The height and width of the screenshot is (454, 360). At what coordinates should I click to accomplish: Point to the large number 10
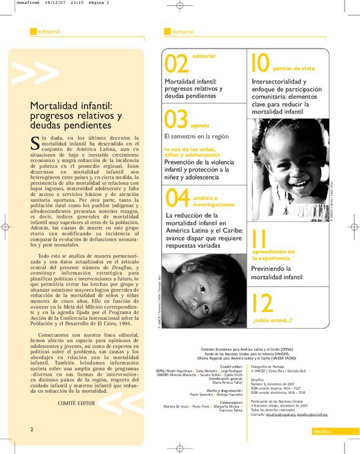(x=259, y=63)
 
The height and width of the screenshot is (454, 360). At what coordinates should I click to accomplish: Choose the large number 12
(x=263, y=304)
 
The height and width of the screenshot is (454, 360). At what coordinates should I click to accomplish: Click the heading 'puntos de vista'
(x=294, y=69)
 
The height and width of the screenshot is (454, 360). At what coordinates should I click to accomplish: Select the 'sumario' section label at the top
(x=182, y=31)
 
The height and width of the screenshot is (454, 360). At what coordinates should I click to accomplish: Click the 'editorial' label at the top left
(x=49, y=31)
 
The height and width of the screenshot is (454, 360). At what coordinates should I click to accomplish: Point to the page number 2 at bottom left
(x=31, y=411)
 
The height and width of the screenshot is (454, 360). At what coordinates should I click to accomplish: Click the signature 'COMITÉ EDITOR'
(x=76, y=385)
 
